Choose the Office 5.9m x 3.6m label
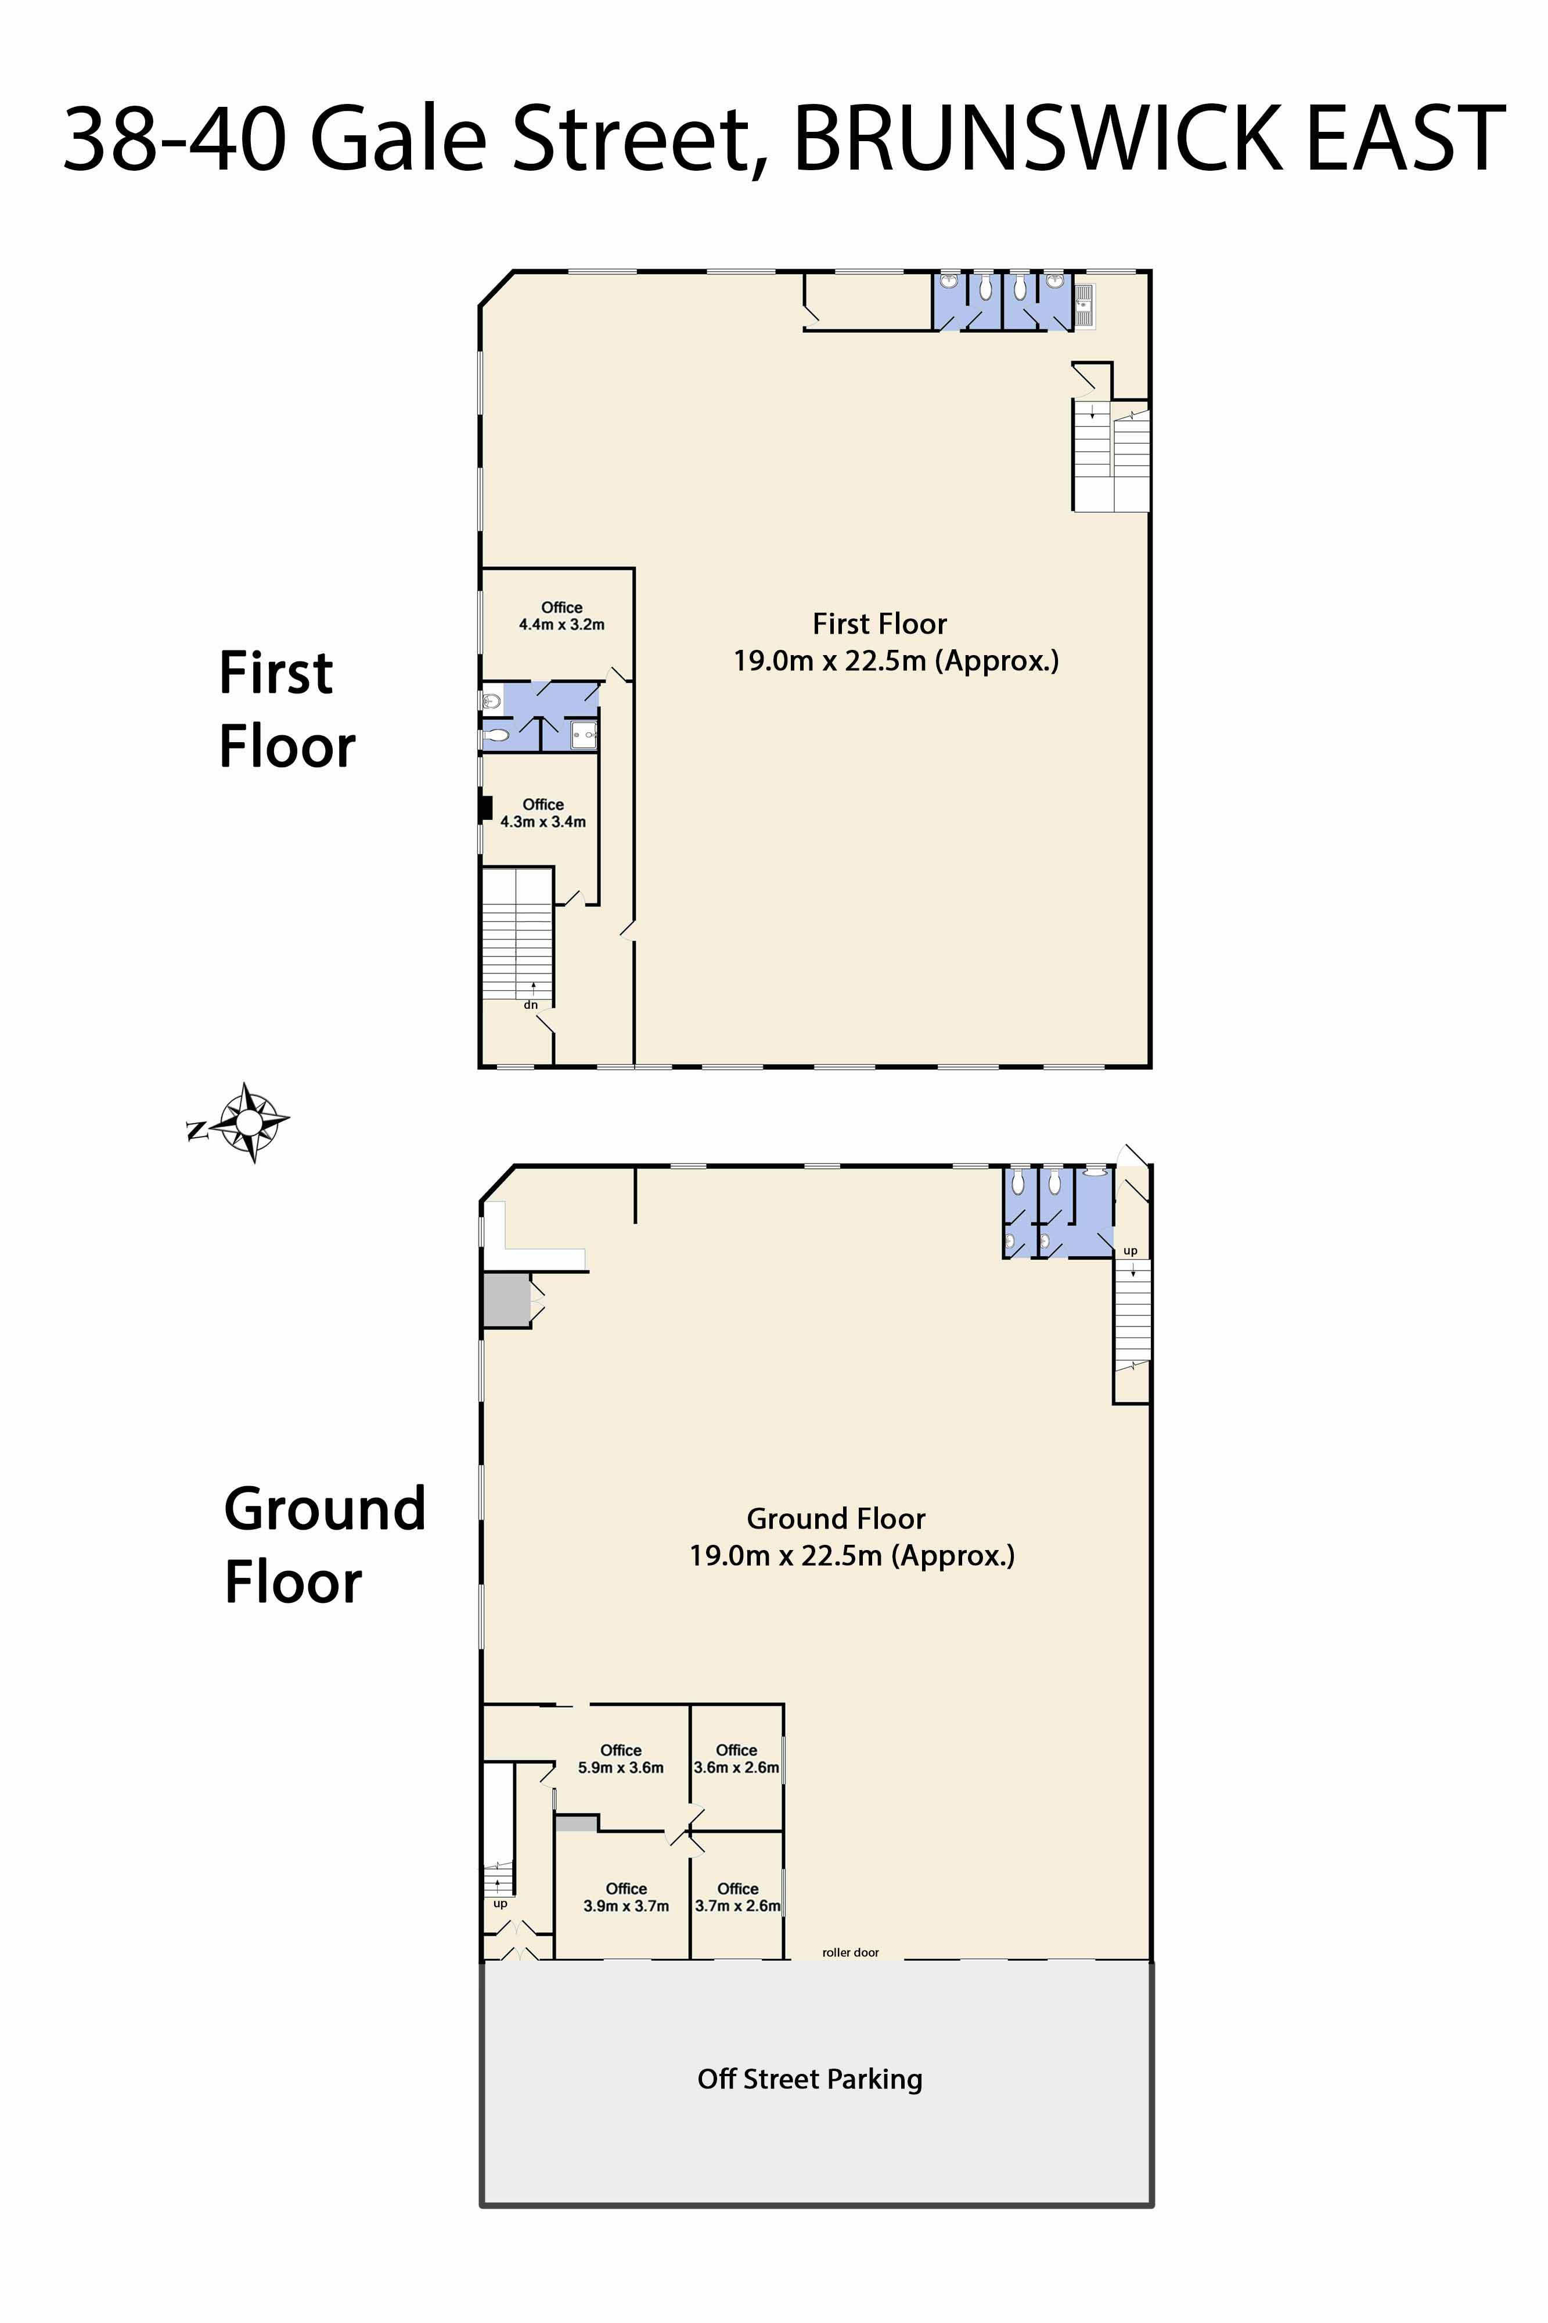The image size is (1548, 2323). tap(621, 1759)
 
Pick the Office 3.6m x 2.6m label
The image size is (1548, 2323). tap(736, 1759)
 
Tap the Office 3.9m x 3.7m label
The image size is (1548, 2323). tap(626, 1897)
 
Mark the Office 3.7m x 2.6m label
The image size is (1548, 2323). tap(737, 1897)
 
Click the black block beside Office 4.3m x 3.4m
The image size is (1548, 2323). tap(486, 808)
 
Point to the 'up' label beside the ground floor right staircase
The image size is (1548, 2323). tap(1131, 1251)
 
